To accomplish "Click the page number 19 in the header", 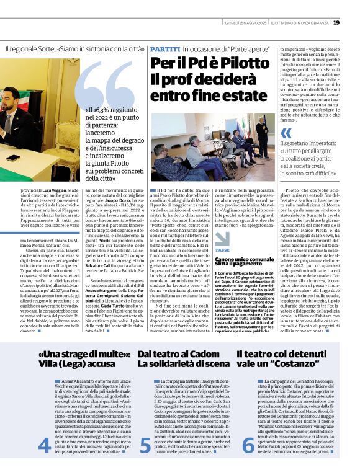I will pos(353,23).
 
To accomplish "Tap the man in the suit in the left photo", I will pos(14,118).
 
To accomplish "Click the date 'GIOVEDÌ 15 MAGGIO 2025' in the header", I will pos(246,23).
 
